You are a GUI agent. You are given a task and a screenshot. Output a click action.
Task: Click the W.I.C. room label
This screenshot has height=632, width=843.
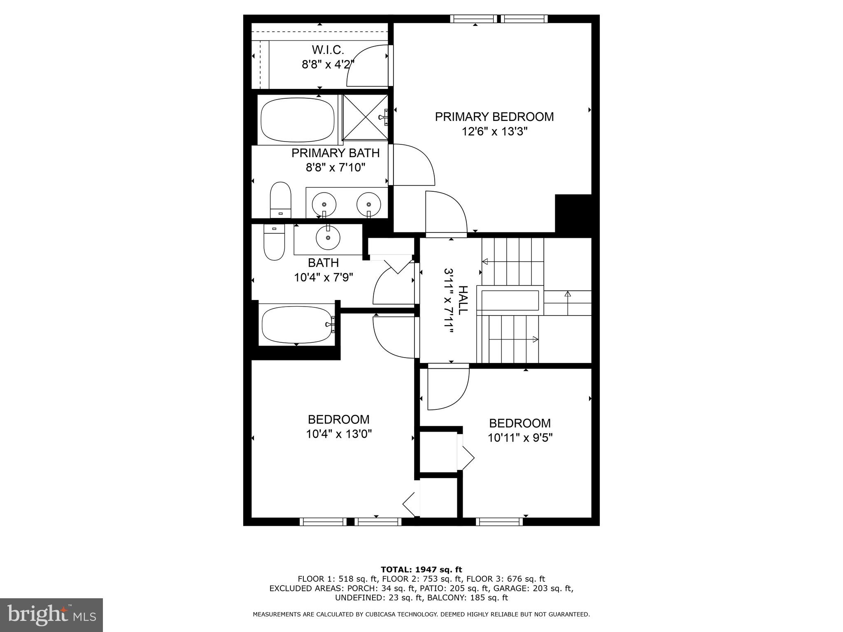pos(328,50)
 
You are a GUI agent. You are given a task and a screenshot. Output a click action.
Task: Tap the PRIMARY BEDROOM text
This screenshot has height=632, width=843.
pos(494,117)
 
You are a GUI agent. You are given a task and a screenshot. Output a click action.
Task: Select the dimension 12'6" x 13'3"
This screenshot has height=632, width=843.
pos(494,132)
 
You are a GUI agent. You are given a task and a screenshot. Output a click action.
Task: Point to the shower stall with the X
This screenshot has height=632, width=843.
pos(365,117)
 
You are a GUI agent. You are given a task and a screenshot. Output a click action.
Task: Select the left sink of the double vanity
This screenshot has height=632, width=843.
pos(324,204)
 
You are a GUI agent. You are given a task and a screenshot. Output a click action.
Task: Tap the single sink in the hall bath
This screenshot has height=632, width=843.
pos(328,237)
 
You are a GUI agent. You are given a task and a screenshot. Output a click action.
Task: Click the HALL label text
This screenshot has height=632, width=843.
pos(463,300)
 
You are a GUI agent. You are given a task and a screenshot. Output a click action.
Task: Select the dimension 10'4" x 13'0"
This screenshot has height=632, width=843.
pos(339,434)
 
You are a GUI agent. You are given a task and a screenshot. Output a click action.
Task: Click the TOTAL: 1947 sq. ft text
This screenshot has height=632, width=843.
pos(421,569)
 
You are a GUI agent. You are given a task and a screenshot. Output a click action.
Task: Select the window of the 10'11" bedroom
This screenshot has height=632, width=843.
pos(499,522)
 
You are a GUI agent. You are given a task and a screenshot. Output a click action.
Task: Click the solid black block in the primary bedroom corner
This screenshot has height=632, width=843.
pos(573,214)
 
